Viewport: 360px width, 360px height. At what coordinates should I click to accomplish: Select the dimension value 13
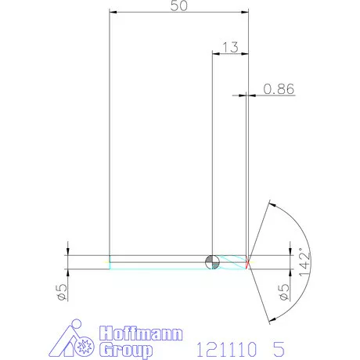[x=230, y=47]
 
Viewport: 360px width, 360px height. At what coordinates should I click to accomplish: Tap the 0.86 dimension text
[x=279, y=89]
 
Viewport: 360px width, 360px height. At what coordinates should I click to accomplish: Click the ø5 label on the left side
[x=59, y=292]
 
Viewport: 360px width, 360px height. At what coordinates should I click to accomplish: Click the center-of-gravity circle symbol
[x=212, y=261]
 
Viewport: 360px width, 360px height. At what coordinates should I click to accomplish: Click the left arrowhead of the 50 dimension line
[x=113, y=13]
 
